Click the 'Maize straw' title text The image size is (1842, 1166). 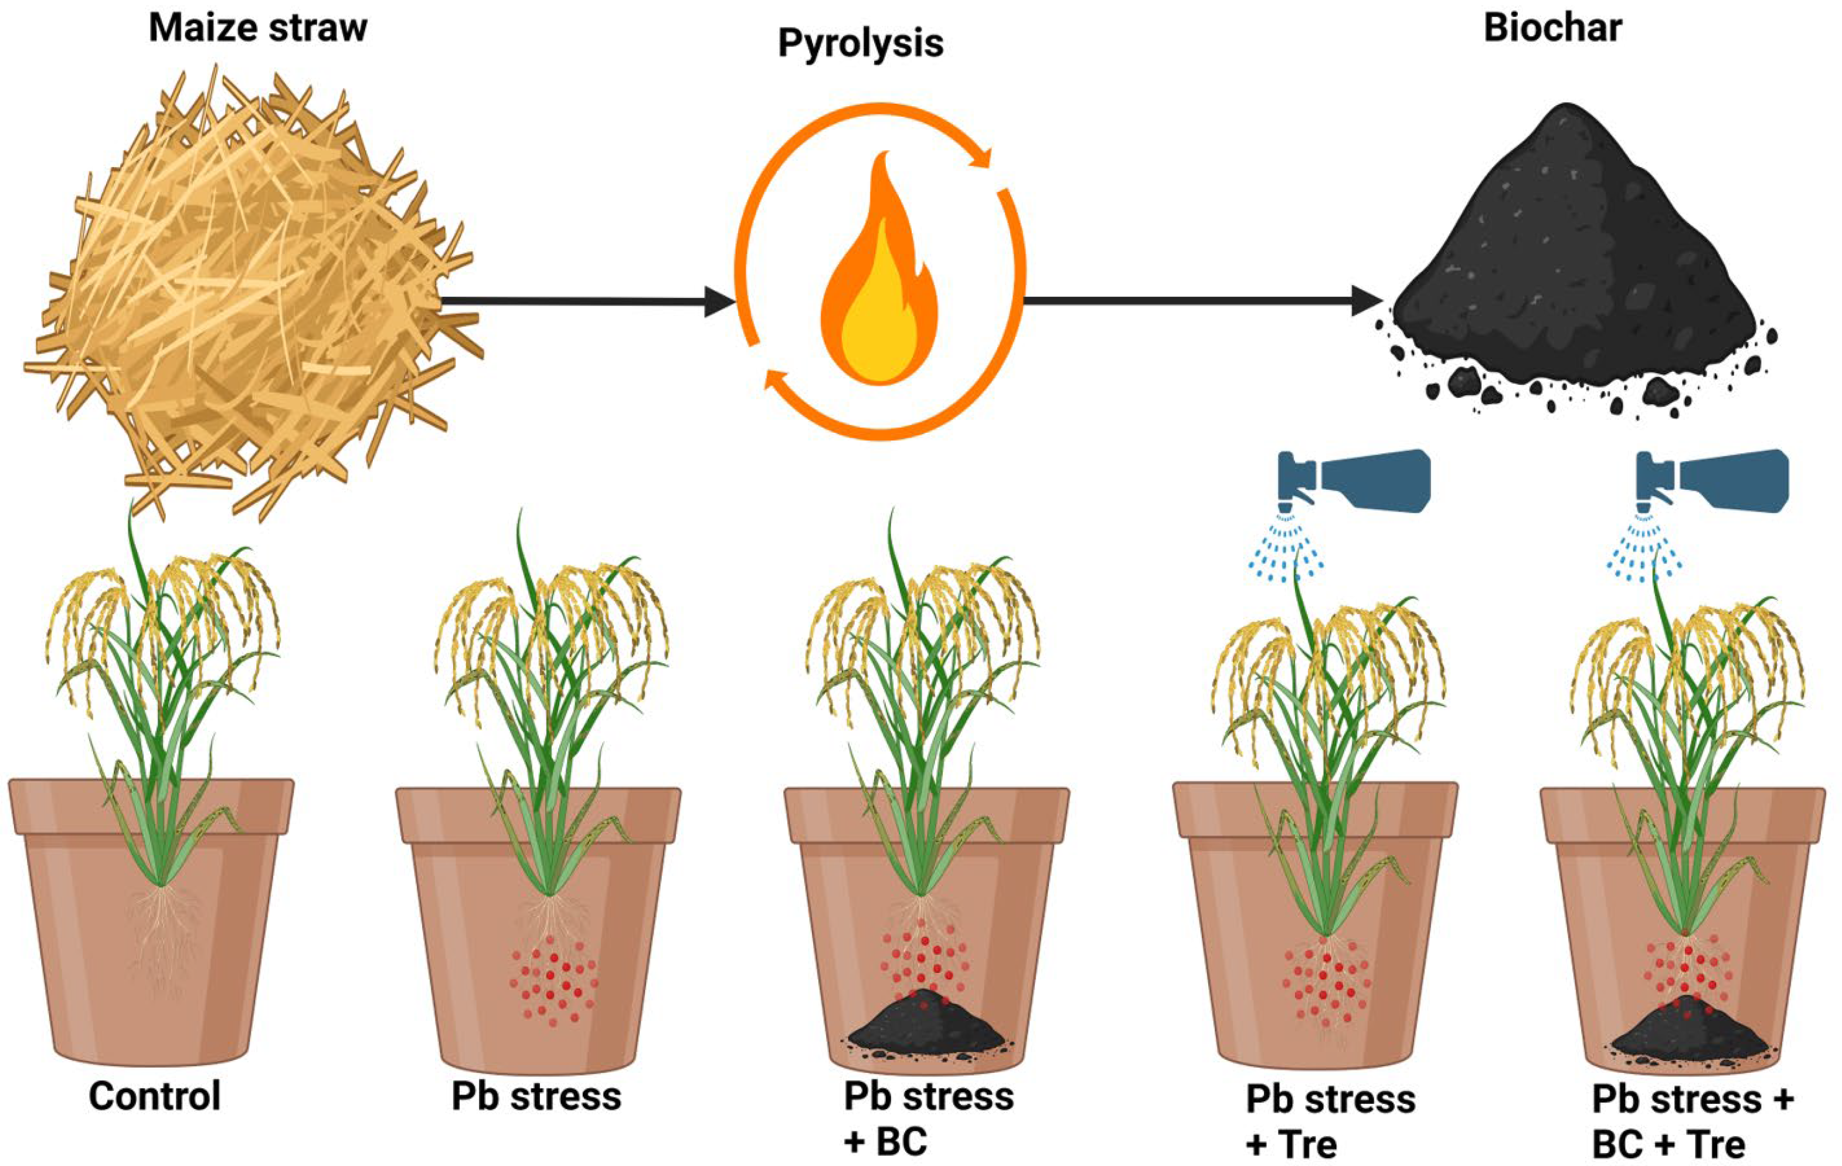tap(258, 28)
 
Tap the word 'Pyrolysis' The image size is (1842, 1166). tap(861, 43)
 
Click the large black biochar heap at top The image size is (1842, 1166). tap(1576, 260)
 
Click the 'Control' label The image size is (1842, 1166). tap(155, 1096)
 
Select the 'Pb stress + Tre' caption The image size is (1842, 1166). tap(1330, 1121)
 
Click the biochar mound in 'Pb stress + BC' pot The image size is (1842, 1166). tap(926, 1025)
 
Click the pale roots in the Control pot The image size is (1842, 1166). tap(162, 941)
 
